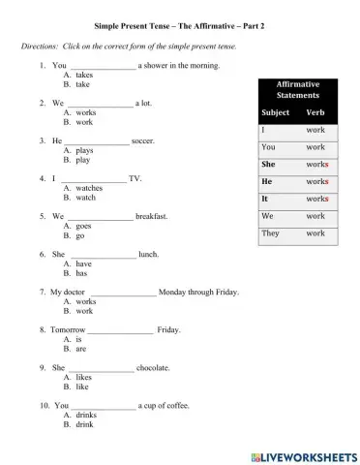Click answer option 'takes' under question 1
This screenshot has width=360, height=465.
click(x=84, y=75)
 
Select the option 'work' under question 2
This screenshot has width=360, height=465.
click(x=84, y=122)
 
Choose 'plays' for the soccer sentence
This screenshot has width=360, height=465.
click(x=84, y=151)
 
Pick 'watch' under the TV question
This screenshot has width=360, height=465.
click(x=85, y=198)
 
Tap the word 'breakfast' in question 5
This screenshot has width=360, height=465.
click(x=158, y=216)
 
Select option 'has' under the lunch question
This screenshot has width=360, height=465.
click(x=82, y=273)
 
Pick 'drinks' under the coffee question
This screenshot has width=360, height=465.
click(x=85, y=415)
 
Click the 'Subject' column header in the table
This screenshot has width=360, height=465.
click(x=276, y=113)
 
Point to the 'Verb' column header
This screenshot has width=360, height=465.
click(x=315, y=113)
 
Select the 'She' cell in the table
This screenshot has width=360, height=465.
click(x=269, y=165)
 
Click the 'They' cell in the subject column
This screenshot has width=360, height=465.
click(x=271, y=233)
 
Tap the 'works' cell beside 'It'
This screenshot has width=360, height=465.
click(x=316, y=199)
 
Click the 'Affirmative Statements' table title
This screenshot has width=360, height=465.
click(x=297, y=90)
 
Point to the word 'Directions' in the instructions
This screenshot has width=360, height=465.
click(x=40, y=46)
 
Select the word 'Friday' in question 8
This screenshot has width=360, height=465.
click(x=168, y=329)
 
